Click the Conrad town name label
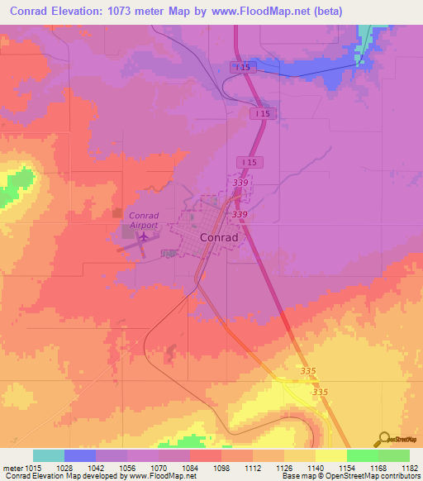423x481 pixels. coord(219,237)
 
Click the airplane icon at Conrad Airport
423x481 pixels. coord(145,237)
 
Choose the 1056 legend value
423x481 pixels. coord(126,468)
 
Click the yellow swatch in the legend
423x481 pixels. coord(330,455)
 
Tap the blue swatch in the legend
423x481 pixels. coord(80,455)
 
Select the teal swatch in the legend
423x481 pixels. coord(49,455)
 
